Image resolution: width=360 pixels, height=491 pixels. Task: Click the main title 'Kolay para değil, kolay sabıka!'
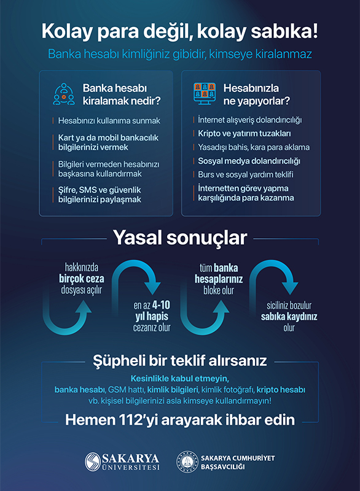click(180, 31)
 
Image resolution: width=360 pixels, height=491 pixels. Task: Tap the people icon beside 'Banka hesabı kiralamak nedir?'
click(63, 93)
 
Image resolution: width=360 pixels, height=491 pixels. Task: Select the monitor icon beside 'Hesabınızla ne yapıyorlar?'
click(206, 93)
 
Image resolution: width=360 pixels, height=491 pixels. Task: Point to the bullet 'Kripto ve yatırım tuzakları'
click(245, 133)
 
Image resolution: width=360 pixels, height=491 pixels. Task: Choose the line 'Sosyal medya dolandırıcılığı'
click(249, 161)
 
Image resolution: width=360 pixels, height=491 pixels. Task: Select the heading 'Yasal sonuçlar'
click(179, 238)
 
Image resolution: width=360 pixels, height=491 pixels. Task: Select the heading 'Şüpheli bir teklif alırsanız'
click(179, 359)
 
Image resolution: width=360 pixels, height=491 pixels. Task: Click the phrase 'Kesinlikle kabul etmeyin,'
click(179, 378)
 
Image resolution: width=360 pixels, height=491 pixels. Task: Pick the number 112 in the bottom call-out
click(139, 421)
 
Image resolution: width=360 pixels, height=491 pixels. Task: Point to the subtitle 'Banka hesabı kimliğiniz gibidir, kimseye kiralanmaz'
click(180, 54)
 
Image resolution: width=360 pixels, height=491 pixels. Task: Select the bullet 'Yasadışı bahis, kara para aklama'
click(254, 147)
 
